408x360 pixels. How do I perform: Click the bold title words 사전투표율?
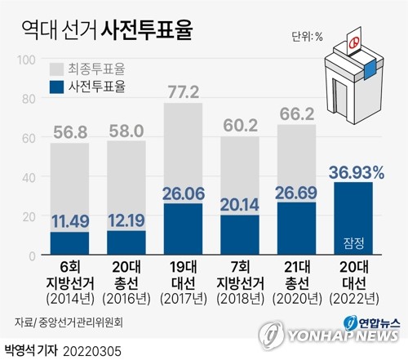[x=148, y=30]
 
